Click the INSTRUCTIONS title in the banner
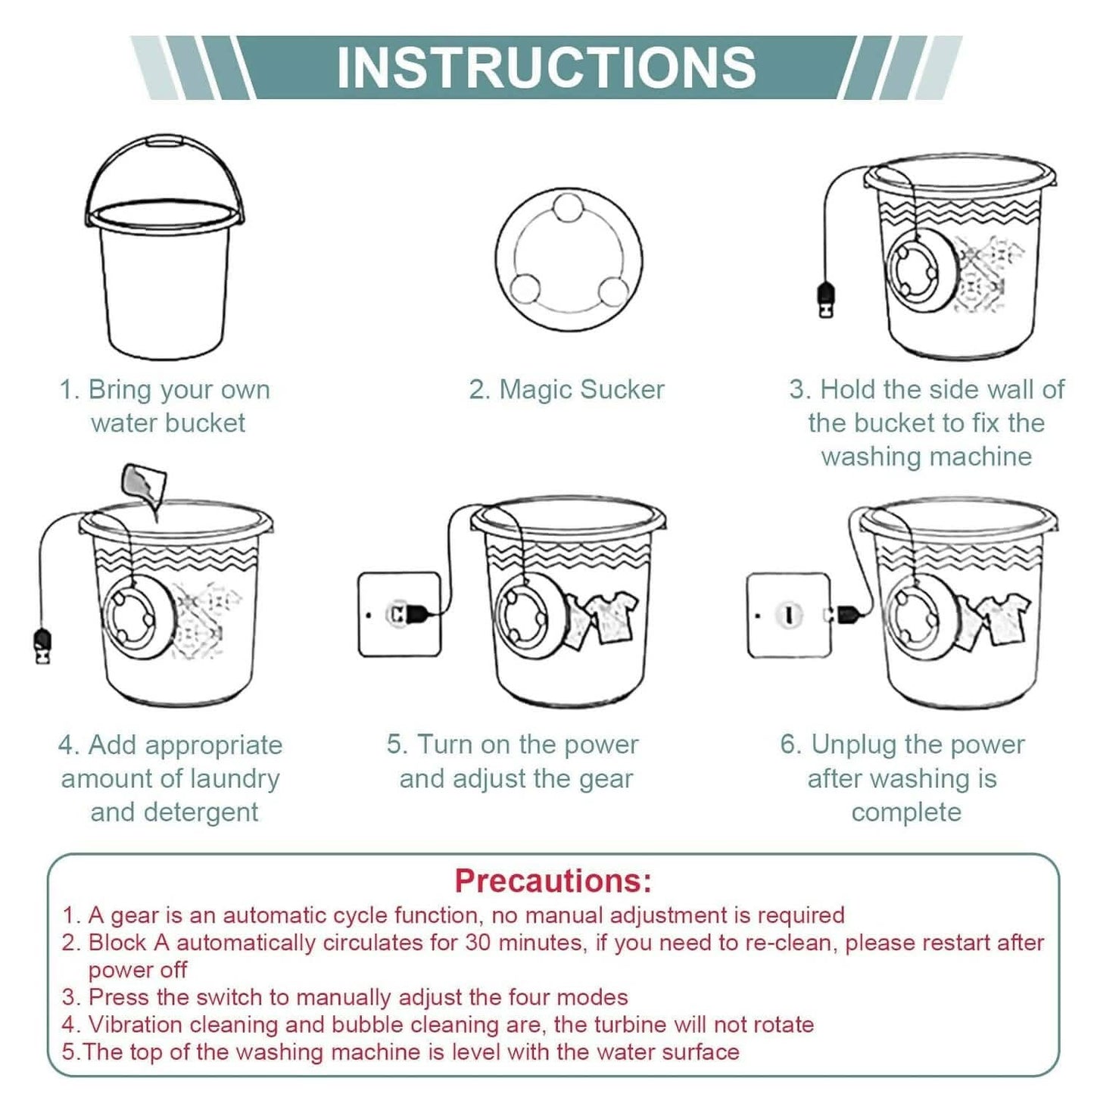[546, 67]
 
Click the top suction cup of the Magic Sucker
[568, 208]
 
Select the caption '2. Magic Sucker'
[566, 390]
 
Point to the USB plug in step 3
[825, 300]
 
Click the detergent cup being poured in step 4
[144, 485]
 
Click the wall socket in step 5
[400, 614]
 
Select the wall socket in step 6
[788, 616]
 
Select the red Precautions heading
[553, 880]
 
